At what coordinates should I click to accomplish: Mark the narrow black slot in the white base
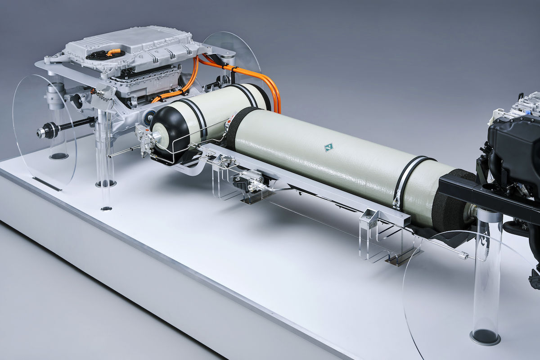[47, 184]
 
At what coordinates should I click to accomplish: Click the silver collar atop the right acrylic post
[489, 216]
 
